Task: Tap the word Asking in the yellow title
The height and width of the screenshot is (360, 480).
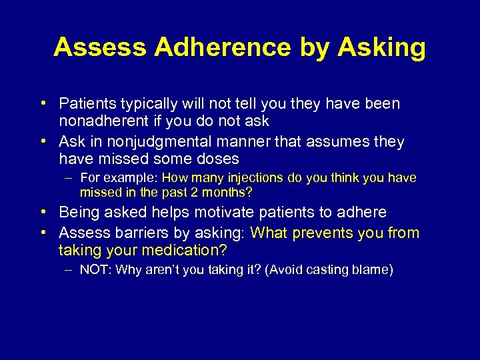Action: click(381, 47)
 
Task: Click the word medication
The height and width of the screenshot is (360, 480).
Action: click(188, 250)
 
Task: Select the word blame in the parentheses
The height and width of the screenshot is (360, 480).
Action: click(371, 270)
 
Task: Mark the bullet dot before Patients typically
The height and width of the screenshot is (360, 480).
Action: click(43, 104)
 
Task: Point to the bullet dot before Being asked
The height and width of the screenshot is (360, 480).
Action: click(43, 213)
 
